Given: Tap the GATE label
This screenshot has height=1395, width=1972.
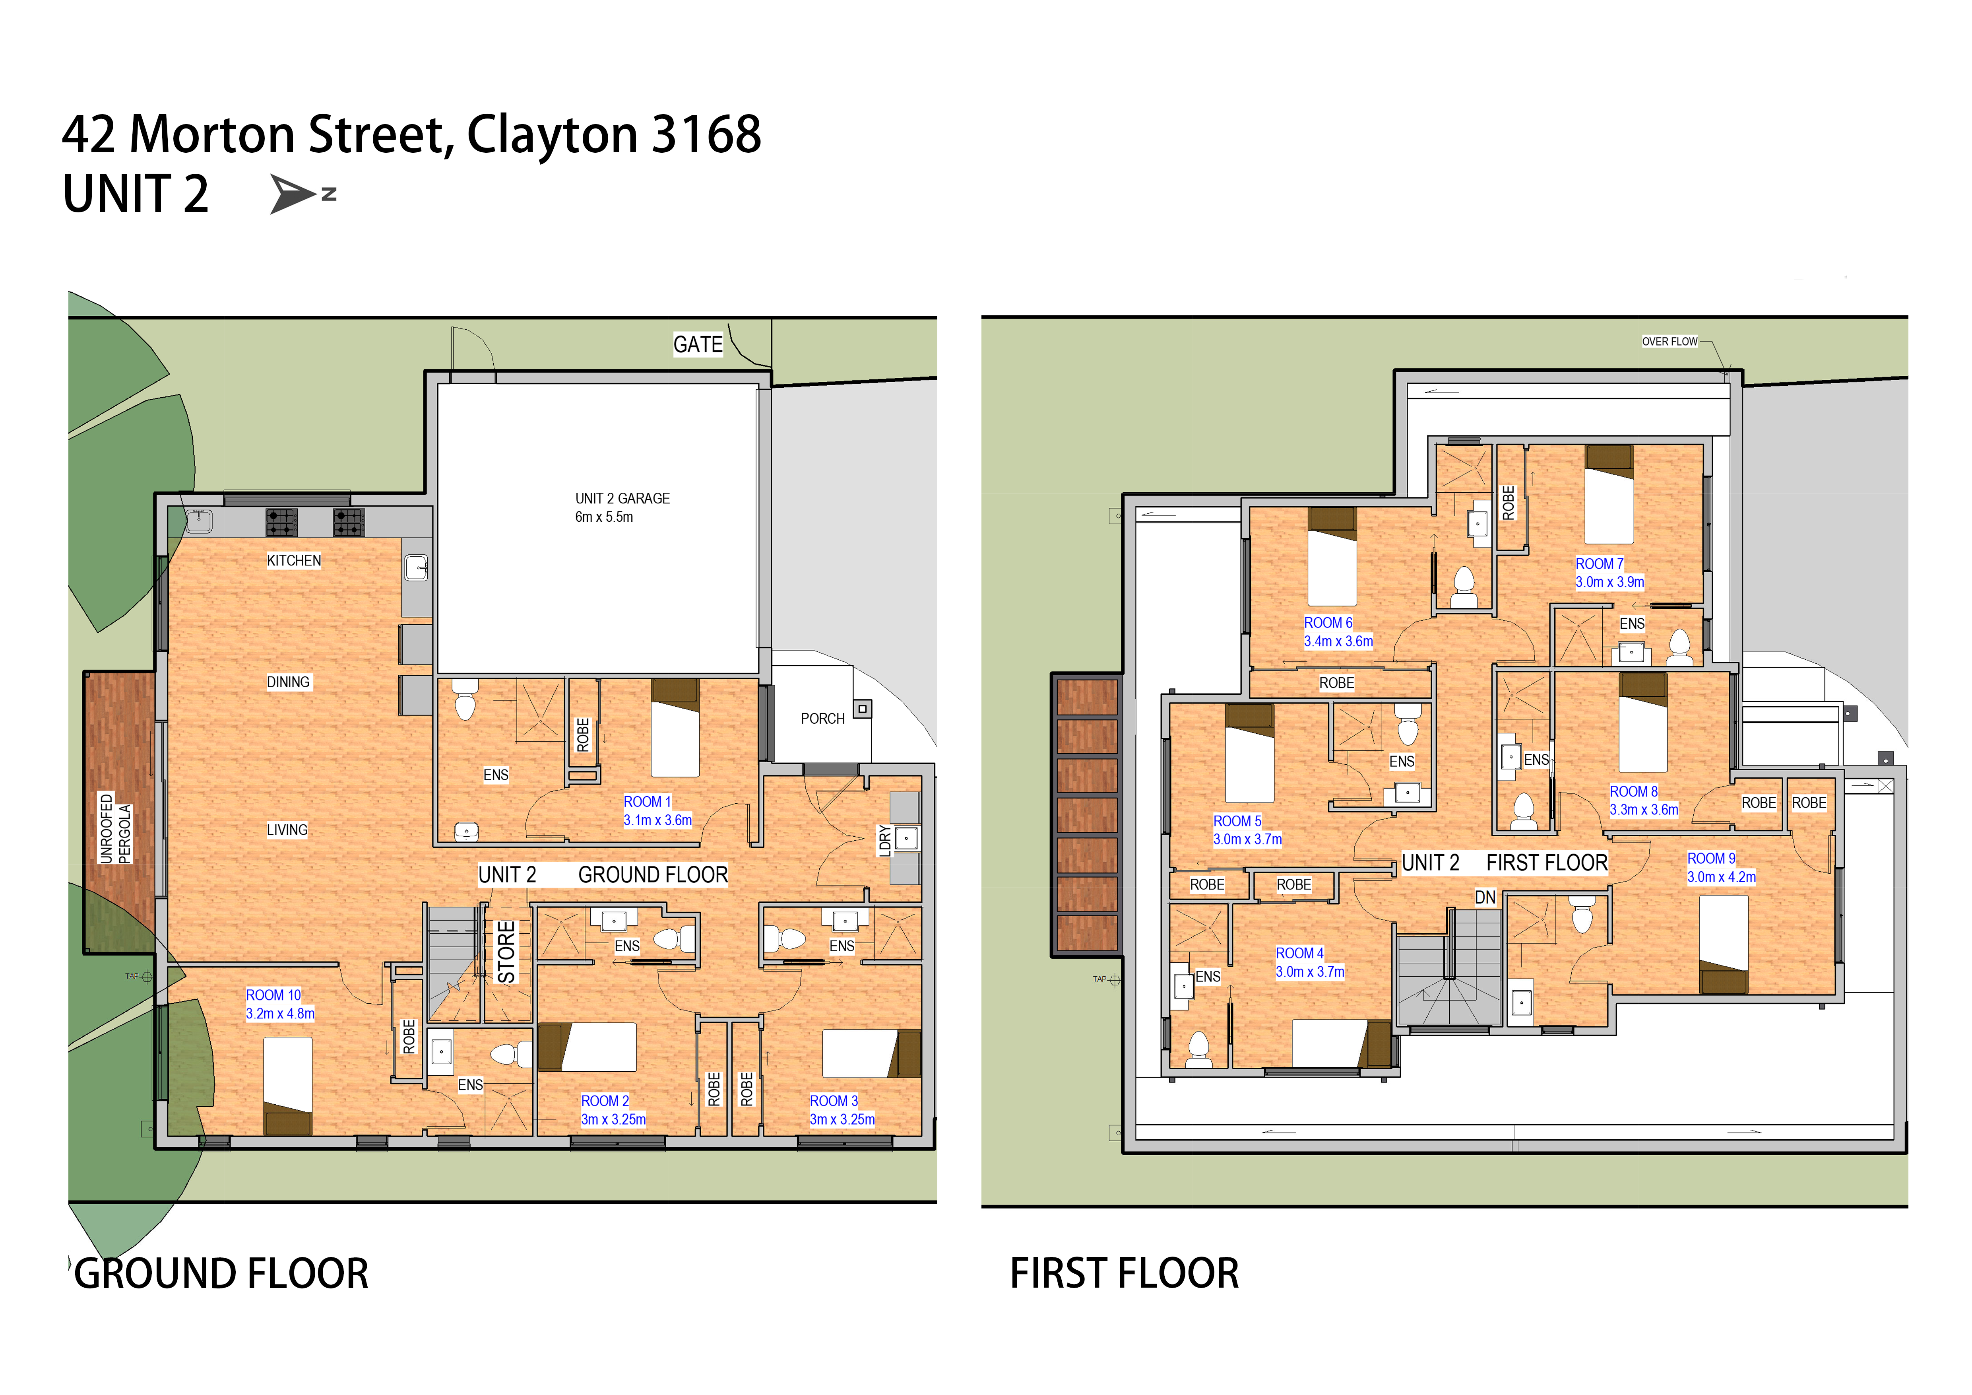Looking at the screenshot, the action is (x=697, y=344).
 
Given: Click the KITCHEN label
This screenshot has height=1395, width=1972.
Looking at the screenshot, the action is (x=294, y=560).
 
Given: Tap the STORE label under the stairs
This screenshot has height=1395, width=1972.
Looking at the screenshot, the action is (x=507, y=952).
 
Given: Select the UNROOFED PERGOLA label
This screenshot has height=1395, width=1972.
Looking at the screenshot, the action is (x=115, y=828).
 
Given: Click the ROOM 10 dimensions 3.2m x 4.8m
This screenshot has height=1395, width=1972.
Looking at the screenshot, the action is (x=280, y=1014).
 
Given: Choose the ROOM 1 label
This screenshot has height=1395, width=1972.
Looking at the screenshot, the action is (x=647, y=801).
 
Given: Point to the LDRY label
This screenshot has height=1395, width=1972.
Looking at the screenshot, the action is (x=885, y=840).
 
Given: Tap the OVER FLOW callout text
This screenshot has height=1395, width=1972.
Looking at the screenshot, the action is (x=1670, y=341).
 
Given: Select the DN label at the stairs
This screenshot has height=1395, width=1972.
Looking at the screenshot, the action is (x=1485, y=898).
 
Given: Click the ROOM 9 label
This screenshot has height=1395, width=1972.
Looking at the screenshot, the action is (x=1711, y=858).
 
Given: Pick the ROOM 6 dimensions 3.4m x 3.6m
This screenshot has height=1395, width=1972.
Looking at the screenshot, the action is (x=1338, y=641).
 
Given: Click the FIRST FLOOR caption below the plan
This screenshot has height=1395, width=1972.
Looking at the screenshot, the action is (x=1124, y=1273).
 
